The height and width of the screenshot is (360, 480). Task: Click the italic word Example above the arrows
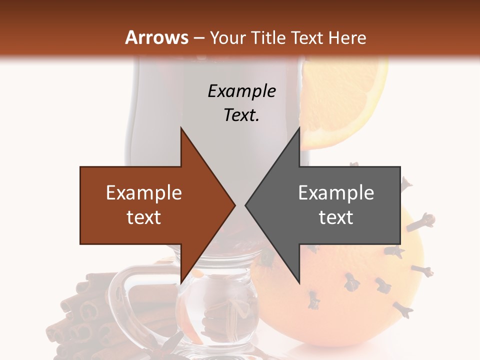tap(241, 91)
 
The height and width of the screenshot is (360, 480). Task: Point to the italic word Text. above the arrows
tap(241, 115)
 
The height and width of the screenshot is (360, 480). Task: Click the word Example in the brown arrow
tap(144, 192)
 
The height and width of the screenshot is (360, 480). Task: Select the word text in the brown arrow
tap(144, 217)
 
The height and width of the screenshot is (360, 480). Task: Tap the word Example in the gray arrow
tap(336, 192)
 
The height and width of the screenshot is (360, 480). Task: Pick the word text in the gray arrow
tap(336, 217)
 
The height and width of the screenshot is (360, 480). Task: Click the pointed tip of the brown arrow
tap(234, 205)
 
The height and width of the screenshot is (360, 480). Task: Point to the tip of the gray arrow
tap(246, 205)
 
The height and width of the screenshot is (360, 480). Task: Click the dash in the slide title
tap(198, 38)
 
